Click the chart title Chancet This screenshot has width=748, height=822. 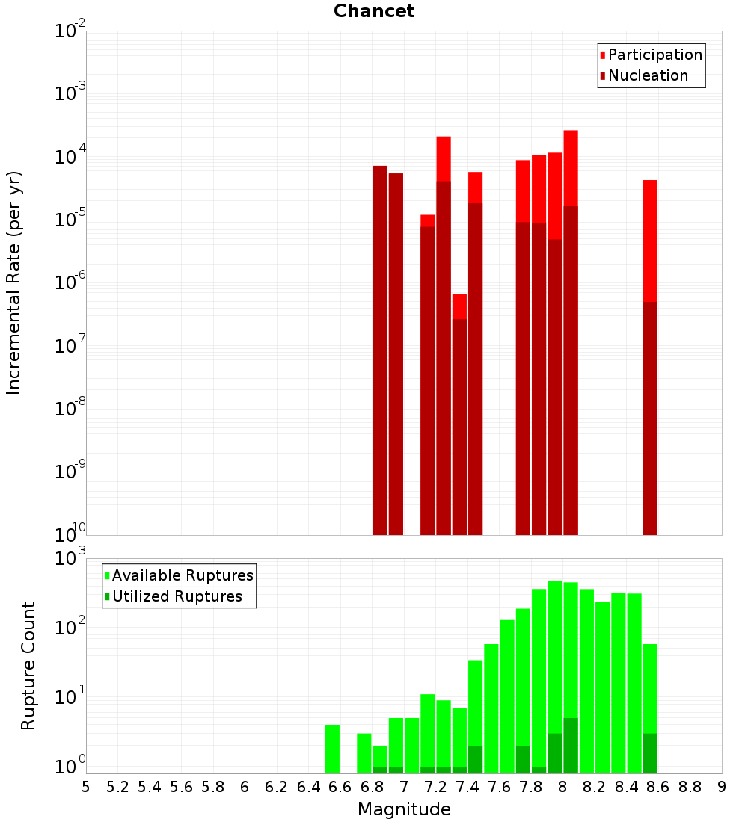(x=374, y=11)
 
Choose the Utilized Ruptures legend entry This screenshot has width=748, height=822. (x=177, y=596)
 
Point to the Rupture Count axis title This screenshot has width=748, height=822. (x=28, y=666)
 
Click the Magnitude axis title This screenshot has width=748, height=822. (x=404, y=809)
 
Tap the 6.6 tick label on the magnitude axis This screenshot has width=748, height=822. (x=340, y=787)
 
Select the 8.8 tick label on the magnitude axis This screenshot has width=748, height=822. (x=690, y=787)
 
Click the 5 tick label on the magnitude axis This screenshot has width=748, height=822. (x=86, y=787)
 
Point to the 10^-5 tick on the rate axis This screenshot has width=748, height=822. (x=70, y=220)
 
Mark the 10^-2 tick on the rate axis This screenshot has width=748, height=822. (x=70, y=31)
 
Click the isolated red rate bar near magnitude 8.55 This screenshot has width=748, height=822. (x=650, y=299)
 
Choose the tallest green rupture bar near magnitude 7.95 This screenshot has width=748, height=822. (x=554, y=658)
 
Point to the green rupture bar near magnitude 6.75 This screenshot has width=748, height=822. (x=364, y=753)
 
